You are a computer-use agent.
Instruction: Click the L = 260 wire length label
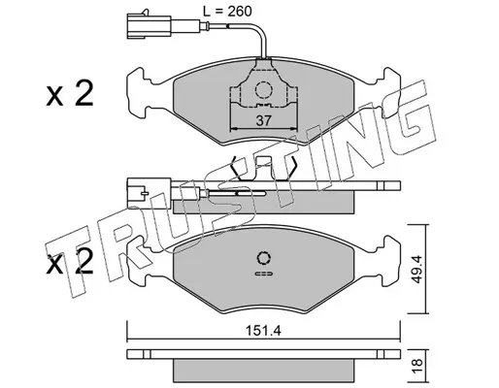pyautogui.click(x=227, y=12)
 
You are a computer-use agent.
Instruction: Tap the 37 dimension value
pyautogui.click(x=263, y=121)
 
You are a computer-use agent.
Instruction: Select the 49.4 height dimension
pyautogui.click(x=416, y=269)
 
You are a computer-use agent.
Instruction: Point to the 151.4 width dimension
pyautogui.click(x=263, y=331)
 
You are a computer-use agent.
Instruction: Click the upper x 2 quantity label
pyautogui.click(x=70, y=94)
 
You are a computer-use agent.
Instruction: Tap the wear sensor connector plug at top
pyautogui.click(x=148, y=25)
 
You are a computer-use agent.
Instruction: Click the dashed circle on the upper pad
pyautogui.click(x=264, y=89)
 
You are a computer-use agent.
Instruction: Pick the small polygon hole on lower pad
pyautogui.click(x=263, y=258)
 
